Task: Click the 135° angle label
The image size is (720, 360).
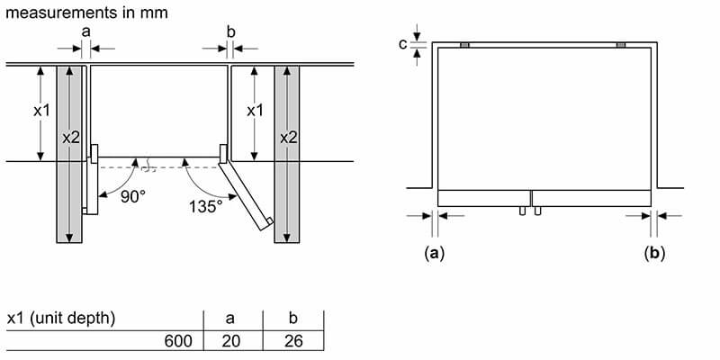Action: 206,206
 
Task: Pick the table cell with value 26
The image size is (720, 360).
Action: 292,341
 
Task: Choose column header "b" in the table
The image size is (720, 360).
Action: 292,319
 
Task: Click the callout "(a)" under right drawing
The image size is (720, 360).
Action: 435,255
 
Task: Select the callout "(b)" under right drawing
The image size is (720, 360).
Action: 654,255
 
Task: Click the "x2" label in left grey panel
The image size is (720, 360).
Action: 71,137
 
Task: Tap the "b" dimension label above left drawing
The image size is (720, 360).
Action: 230,31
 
